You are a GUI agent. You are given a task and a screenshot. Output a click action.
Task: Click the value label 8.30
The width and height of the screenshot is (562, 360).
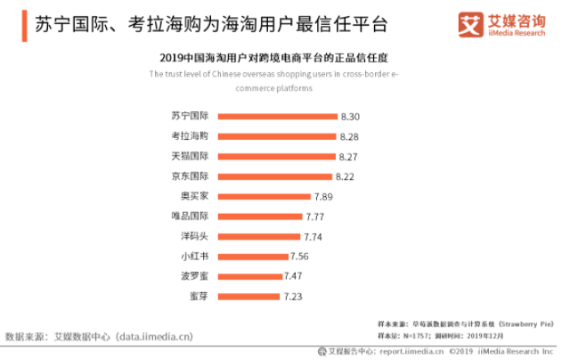coord(350,117)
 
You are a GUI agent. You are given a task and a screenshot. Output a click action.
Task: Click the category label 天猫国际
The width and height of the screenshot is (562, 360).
coord(190,156)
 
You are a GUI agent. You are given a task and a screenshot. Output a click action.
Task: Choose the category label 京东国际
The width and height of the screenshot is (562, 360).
coord(190,176)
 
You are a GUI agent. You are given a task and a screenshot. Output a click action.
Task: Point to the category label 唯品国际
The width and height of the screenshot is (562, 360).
coord(190,217)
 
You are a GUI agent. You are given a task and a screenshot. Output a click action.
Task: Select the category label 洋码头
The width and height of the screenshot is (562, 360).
coord(194,236)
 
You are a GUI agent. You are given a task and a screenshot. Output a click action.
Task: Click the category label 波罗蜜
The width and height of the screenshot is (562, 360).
coord(194,276)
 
